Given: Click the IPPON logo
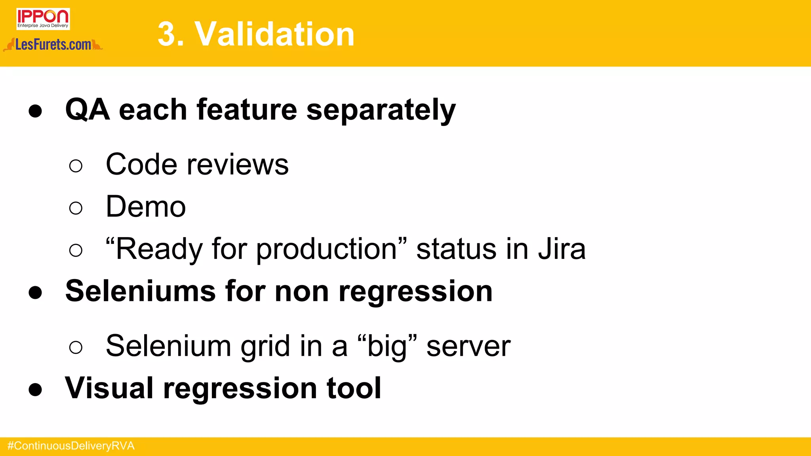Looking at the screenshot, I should (x=43, y=19).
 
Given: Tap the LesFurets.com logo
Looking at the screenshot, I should (x=53, y=45).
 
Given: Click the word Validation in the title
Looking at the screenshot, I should (x=274, y=34).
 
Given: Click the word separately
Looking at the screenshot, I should (x=381, y=110).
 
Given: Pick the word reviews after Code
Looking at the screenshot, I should (x=238, y=164).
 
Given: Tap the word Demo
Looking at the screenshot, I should (x=146, y=207).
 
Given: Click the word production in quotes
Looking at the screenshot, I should (x=327, y=250).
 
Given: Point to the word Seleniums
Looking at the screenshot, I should (x=140, y=291).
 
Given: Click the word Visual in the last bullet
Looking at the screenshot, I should (x=109, y=388).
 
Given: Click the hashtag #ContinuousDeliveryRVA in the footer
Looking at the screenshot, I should (x=71, y=446).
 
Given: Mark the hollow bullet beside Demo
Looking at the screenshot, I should (x=76, y=208).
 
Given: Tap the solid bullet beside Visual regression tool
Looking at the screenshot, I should (x=35, y=389).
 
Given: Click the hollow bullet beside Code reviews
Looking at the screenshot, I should (x=76, y=165).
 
